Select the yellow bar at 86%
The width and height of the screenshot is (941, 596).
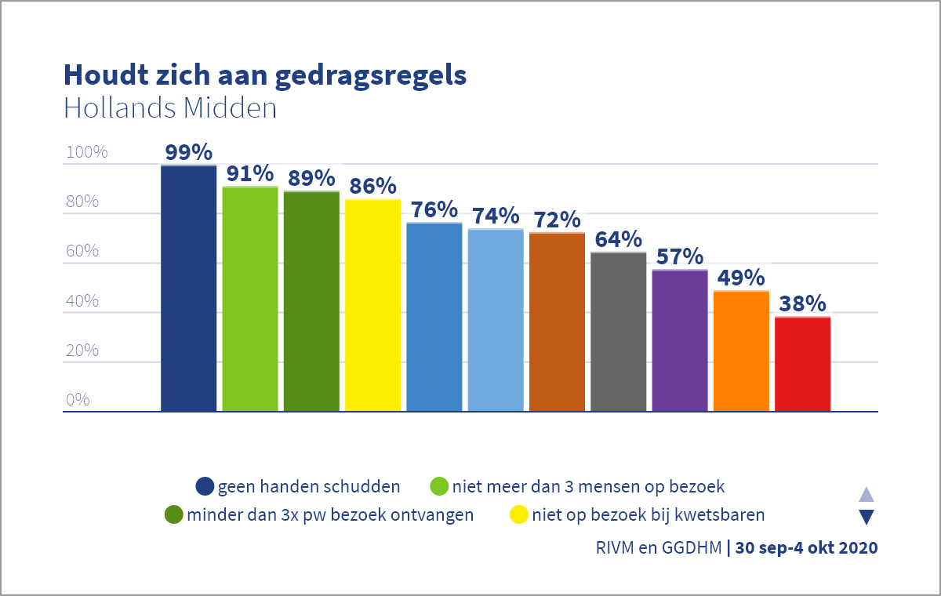372,305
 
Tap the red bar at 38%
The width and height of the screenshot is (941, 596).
802,364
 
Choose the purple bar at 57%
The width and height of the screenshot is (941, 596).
680,340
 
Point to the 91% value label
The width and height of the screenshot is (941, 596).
250,173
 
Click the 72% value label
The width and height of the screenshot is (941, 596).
557,220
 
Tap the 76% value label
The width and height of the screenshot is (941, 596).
434,209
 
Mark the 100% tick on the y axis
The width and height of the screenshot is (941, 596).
86,152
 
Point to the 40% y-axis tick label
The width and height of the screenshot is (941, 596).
82,301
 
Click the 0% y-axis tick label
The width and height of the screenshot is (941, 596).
78,400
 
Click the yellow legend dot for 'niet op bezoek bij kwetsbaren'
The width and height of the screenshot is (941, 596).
518,515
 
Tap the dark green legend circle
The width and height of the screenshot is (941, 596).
173,515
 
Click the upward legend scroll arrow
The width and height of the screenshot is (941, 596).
867,494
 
